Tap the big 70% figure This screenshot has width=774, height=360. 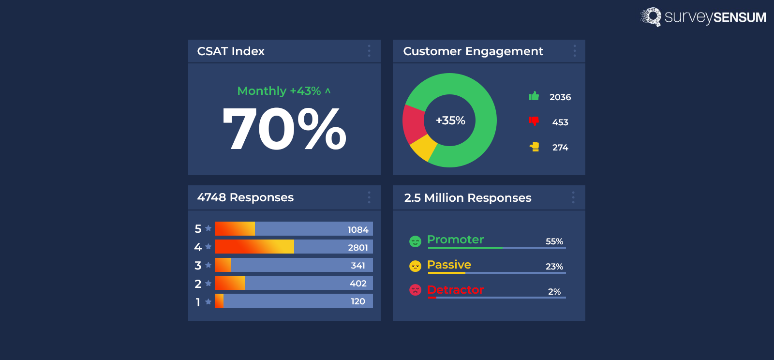point(284,129)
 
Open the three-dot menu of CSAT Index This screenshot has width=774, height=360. point(369,51)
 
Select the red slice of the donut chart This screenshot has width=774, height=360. point(413,123)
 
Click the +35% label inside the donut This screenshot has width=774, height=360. point(450,120)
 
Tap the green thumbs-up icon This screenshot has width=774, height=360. point(534,96)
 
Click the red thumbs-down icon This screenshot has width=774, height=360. point(534,121)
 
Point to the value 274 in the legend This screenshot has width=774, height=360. point(560,148)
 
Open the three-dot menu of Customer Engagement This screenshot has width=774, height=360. point(574,51)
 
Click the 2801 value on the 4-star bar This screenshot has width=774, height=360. point(357,247)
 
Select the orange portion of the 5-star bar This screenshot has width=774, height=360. point(235,229)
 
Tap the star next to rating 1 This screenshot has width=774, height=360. point(208,302)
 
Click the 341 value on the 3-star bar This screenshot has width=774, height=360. point(357,265)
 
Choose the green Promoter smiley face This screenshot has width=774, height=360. point(415,241)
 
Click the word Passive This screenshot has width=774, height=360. point(449,265)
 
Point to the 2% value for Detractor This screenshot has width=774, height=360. point(554,292)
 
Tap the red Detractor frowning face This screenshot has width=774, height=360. point(415,290)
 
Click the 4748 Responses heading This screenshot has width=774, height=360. point(245,197)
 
